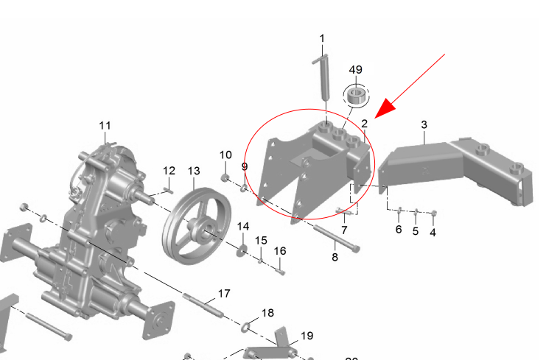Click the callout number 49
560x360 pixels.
(x=355, y=70)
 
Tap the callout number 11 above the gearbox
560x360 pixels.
(x=105, y=126)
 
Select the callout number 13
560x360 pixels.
(x=194, y=171)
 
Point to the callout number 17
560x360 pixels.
(x=224, y=293)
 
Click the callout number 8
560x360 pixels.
(x=335, y=257)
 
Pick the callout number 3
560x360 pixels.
(x=424, y=124)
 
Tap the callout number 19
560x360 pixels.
(x=307, y=336)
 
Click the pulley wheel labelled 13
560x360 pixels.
(x=197, y=226)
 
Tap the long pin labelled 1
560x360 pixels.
(x=324, y=77)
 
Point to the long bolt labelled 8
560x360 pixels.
(x=336, y=239)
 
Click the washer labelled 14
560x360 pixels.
(x=242, y=250)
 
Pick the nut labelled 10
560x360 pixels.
(x=225, y=177)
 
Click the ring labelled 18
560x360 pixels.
(x=245, y=326)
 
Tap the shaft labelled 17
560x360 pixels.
(x=203, y=305)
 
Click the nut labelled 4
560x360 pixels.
(x=434, y=213)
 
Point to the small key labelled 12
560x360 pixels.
(x=168, y=190)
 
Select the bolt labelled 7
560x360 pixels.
(x=343, y=212)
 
